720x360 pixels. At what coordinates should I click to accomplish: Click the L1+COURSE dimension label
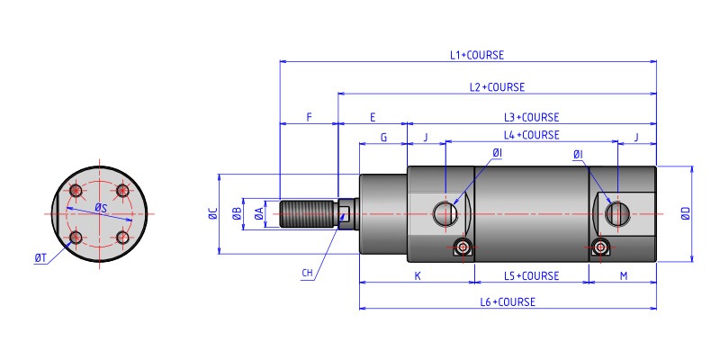[x=477, y=54]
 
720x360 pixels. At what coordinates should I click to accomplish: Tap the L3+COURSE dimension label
[x=531, y=117]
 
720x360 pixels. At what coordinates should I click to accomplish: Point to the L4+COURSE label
[x=531, y=135]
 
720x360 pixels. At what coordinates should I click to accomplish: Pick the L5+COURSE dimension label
[x=531, y=275]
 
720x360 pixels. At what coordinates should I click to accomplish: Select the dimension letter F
[x=309, y=117]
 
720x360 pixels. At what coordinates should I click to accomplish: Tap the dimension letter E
[x=373, y=117]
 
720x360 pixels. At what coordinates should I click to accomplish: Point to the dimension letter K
[x=418, y=275]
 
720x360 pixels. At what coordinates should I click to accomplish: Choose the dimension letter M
[x=624, y=275]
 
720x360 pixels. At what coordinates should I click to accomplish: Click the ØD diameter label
[x=686, y=213]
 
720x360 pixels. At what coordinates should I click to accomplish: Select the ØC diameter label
[x=212, y=213]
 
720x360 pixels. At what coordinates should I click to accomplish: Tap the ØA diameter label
[x=259, y=213]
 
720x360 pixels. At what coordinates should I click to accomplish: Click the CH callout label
[x=308, y=272]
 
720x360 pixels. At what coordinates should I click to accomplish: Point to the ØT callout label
[x=40, y=258]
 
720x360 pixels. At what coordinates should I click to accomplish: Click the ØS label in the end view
[x=102, y=209]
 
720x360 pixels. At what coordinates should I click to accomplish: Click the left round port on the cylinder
[x=445, y=213]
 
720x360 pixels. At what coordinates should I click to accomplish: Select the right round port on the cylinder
[x=617, y=213]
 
